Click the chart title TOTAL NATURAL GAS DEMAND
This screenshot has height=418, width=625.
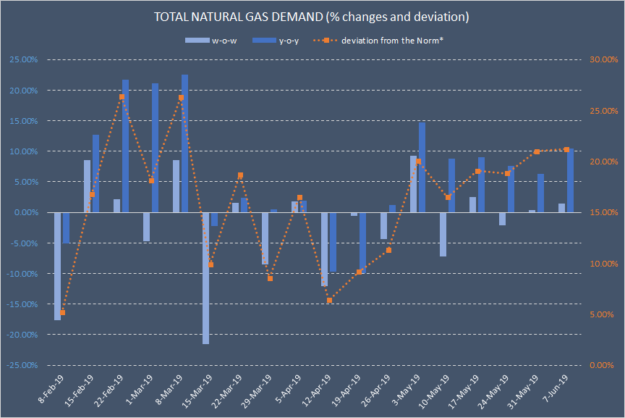point(312,16)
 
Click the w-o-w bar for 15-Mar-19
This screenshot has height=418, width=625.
point(206,278)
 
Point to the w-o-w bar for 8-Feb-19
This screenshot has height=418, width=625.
point(58,266)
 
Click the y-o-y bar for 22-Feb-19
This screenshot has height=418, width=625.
point(126,146)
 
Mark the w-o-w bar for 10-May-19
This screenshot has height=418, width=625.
point(443,234)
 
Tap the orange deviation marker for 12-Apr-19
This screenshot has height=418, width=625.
point(329,300)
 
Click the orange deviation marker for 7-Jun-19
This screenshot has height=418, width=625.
point(566,149)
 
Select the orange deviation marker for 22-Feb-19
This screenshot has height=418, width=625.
point(122,96)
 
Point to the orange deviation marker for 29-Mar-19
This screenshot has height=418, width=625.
point(270,278)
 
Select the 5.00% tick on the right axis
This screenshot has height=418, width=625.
point(603,314)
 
